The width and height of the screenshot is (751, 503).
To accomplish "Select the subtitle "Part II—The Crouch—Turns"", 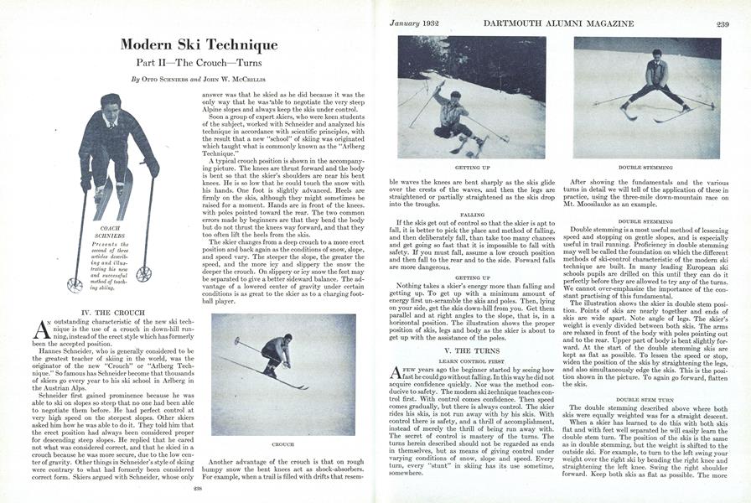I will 198,64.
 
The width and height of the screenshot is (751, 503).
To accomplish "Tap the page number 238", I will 198,488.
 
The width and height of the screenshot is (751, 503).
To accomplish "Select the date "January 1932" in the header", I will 417,23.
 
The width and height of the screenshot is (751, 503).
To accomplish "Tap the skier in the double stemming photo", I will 657,84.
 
